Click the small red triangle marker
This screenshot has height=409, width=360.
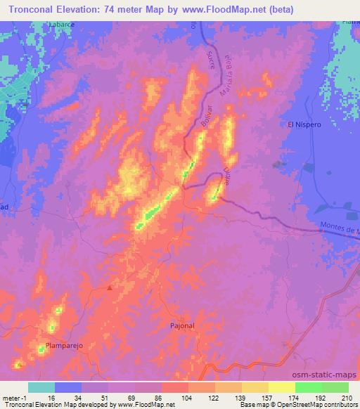click(x=110, y=287)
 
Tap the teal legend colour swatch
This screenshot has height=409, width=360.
click(x=41, y=387)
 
